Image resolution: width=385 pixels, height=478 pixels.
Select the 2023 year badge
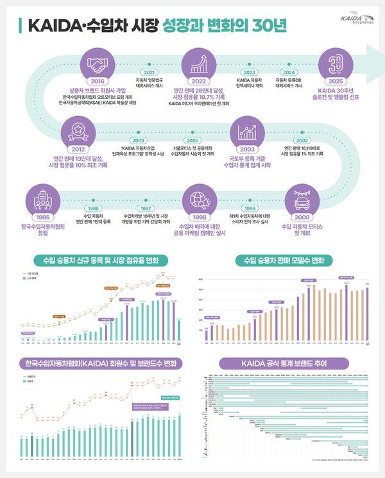250,73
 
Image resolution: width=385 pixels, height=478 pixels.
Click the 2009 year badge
138,140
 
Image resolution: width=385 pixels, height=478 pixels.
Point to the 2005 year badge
192,140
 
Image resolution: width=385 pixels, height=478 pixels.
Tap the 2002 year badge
302,140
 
